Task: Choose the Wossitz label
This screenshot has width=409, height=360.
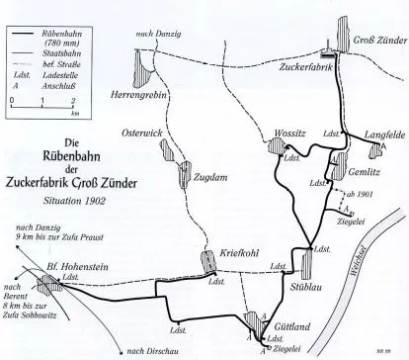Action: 283,135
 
